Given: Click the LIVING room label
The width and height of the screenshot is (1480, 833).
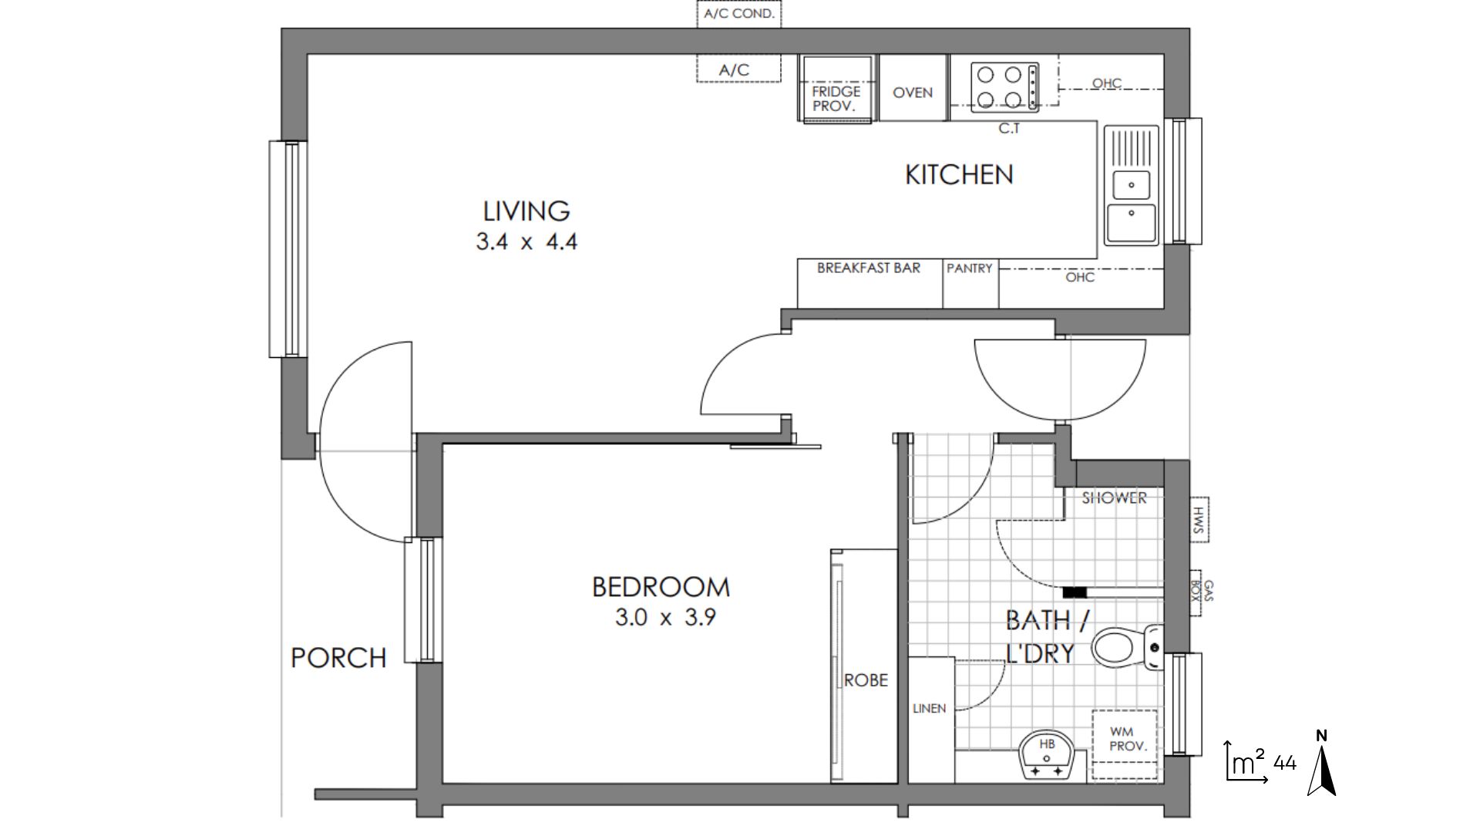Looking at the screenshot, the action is coord(526,211).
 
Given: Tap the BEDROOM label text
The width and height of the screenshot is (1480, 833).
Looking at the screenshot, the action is coord(661,587).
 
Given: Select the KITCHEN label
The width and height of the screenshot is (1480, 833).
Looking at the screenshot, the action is coord(959,174).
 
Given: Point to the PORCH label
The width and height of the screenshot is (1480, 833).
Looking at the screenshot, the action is coord(338,658).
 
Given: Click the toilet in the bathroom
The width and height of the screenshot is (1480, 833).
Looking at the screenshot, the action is coord(1126,646).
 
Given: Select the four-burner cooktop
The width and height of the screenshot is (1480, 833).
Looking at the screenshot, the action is coord(1004,87).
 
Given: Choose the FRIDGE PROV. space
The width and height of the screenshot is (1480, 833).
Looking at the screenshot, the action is coord(837,89).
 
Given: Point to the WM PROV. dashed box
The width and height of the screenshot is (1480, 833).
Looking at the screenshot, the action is coord(1125,738).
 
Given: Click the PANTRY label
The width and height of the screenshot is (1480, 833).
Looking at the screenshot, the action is coord(970,268).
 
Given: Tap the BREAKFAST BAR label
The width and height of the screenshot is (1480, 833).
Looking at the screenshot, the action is coord(869,268).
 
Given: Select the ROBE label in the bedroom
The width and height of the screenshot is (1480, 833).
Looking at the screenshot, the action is coord(866,680).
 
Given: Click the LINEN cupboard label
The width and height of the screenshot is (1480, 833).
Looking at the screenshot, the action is coord(929,708).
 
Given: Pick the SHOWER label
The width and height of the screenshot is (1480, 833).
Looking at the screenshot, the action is coord(1114,498).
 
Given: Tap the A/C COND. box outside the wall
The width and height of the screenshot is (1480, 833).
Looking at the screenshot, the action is coord(739,14).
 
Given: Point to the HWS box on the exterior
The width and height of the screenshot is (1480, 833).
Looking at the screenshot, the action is coord(1199,520).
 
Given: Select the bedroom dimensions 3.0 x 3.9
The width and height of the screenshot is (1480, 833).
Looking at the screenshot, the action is coord(665,618).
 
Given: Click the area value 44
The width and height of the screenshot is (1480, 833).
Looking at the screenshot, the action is coord(1285,764).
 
